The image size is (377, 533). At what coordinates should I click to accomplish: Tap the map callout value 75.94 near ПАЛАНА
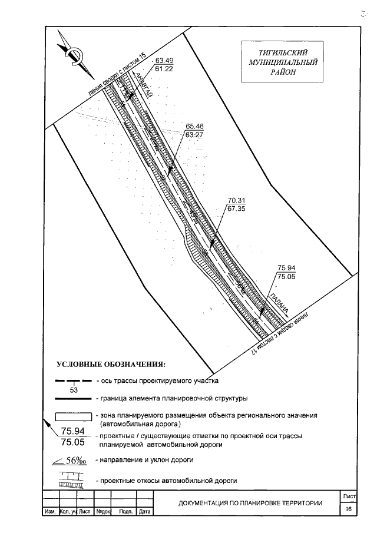pyautogui.click(x=286, y=267)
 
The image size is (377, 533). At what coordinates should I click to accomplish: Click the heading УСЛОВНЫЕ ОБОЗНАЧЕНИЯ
pyautogui.click(x=111, y=363)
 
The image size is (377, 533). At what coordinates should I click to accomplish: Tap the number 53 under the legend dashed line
pyautogui.click(x=74, y=390)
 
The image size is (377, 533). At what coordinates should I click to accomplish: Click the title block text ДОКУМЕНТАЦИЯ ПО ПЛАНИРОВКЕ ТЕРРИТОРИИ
pyautogui.click(x=250, y=503)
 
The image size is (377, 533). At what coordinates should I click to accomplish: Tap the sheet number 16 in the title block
pyautogui.click(x=349, y=508)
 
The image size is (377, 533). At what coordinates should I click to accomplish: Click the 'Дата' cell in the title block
pyautogui.click(x=145, y=512)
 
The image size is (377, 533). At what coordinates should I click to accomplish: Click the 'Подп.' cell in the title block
pyautogui.click(x=125, y=512)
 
